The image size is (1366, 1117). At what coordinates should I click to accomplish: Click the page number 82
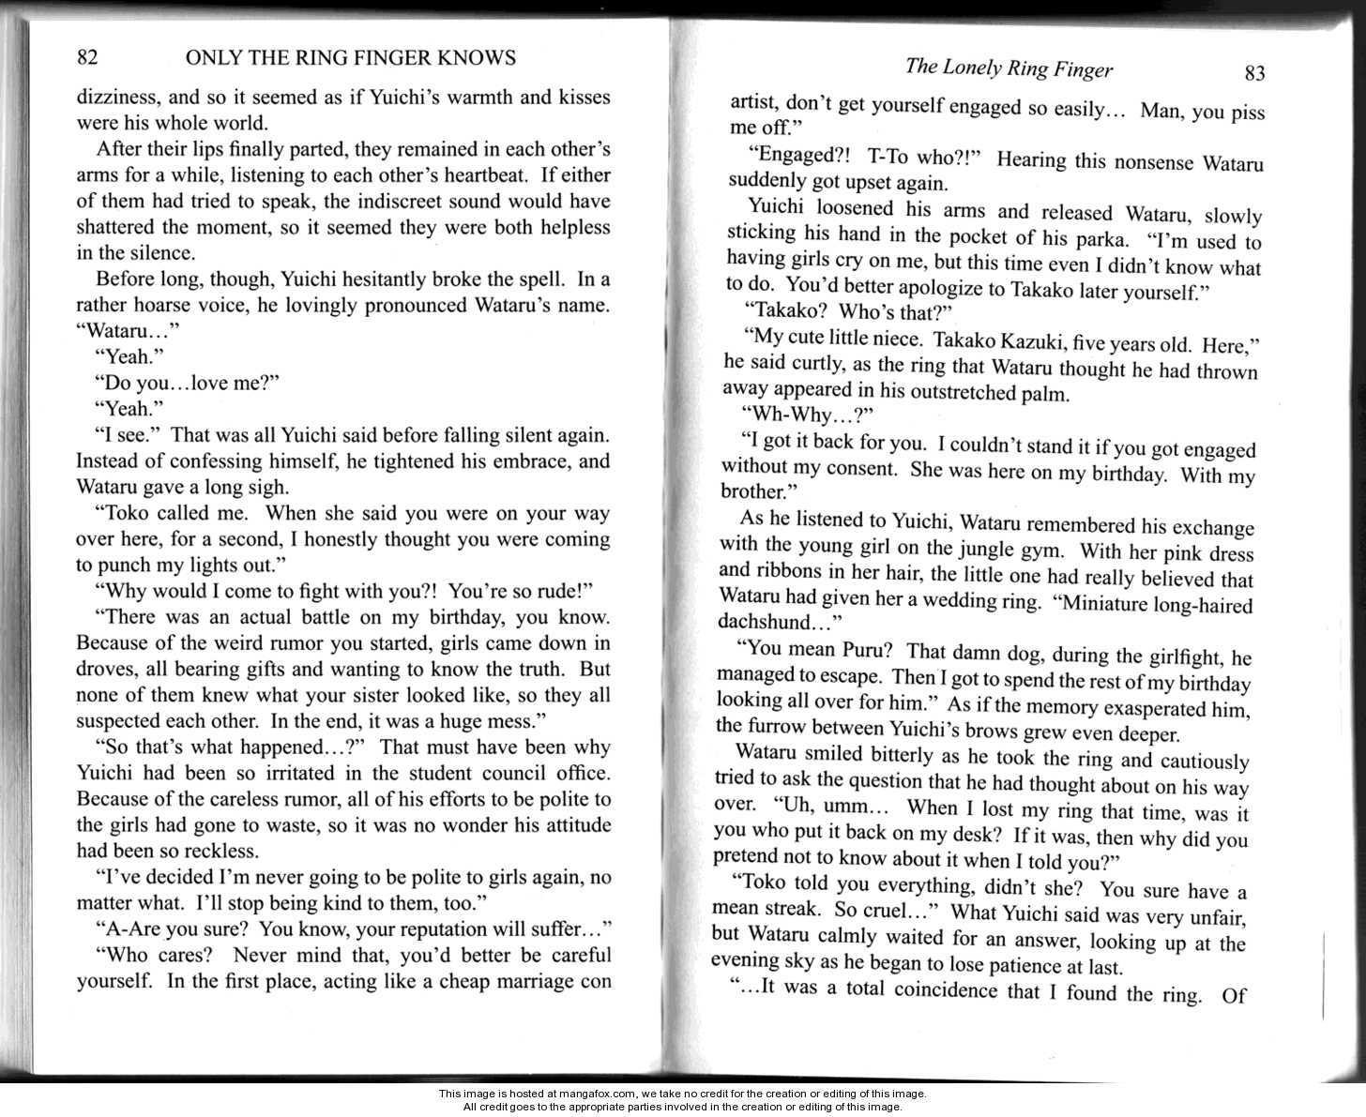pos(87,58)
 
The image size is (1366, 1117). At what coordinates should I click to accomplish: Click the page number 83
pos(1254,73)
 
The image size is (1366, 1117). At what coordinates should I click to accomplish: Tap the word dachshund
pos(766,623)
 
